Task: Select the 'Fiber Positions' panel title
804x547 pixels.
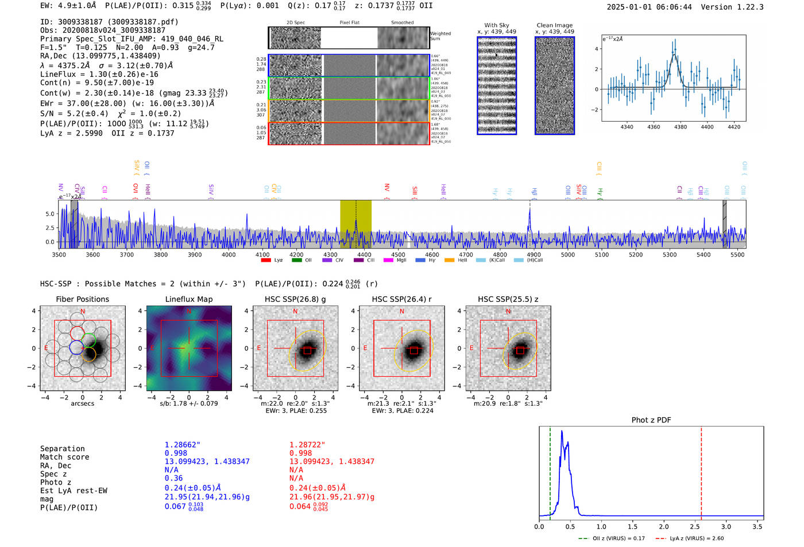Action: click(82, 299)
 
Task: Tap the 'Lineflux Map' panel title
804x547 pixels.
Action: click(189, 299)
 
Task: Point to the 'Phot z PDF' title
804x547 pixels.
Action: click(651, 420)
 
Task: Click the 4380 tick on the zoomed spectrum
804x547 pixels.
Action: click(681, 127)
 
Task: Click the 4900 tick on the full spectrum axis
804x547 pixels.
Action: click(534, 255)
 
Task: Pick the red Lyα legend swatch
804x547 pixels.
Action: click(266, 261)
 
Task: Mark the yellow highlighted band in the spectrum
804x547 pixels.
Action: click(355, 224)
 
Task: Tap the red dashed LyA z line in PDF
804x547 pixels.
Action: click(701, 471)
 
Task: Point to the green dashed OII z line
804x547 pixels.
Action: click(550, 471)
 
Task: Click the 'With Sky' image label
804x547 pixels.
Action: click(497, 25)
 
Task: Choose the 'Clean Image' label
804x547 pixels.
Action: click(554, 25)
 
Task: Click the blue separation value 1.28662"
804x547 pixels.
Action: click(183, 445)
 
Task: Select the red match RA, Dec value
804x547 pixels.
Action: click(332, 461)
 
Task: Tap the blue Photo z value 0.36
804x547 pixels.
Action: click(173, 478)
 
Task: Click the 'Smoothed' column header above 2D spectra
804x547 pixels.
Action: click(402, 23)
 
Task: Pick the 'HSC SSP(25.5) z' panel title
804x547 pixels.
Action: click(508, 299)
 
